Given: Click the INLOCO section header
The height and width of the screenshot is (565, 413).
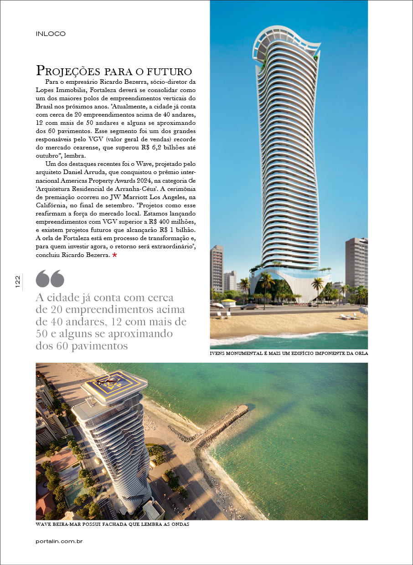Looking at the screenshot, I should coord(51,34).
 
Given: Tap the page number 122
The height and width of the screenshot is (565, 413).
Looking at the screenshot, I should coord(17,281).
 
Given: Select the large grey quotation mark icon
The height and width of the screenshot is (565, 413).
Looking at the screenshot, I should coord(50,278).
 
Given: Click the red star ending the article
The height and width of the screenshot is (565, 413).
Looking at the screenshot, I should coord(114,255).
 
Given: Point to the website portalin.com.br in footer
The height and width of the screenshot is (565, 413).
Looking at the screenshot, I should coord(59,541).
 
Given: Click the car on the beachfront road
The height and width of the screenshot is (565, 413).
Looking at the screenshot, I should coord(249,306).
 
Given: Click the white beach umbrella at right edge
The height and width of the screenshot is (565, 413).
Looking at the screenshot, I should coord(363,310).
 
